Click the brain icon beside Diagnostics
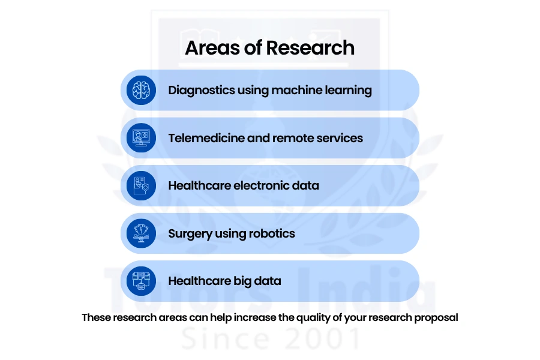(141, 90)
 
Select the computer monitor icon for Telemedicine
(141, 138)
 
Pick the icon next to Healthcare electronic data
(141, 185)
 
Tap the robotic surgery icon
(141, 233)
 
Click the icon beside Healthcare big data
(141, 281)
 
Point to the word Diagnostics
(202, 90)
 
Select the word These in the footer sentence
(97, 317)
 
